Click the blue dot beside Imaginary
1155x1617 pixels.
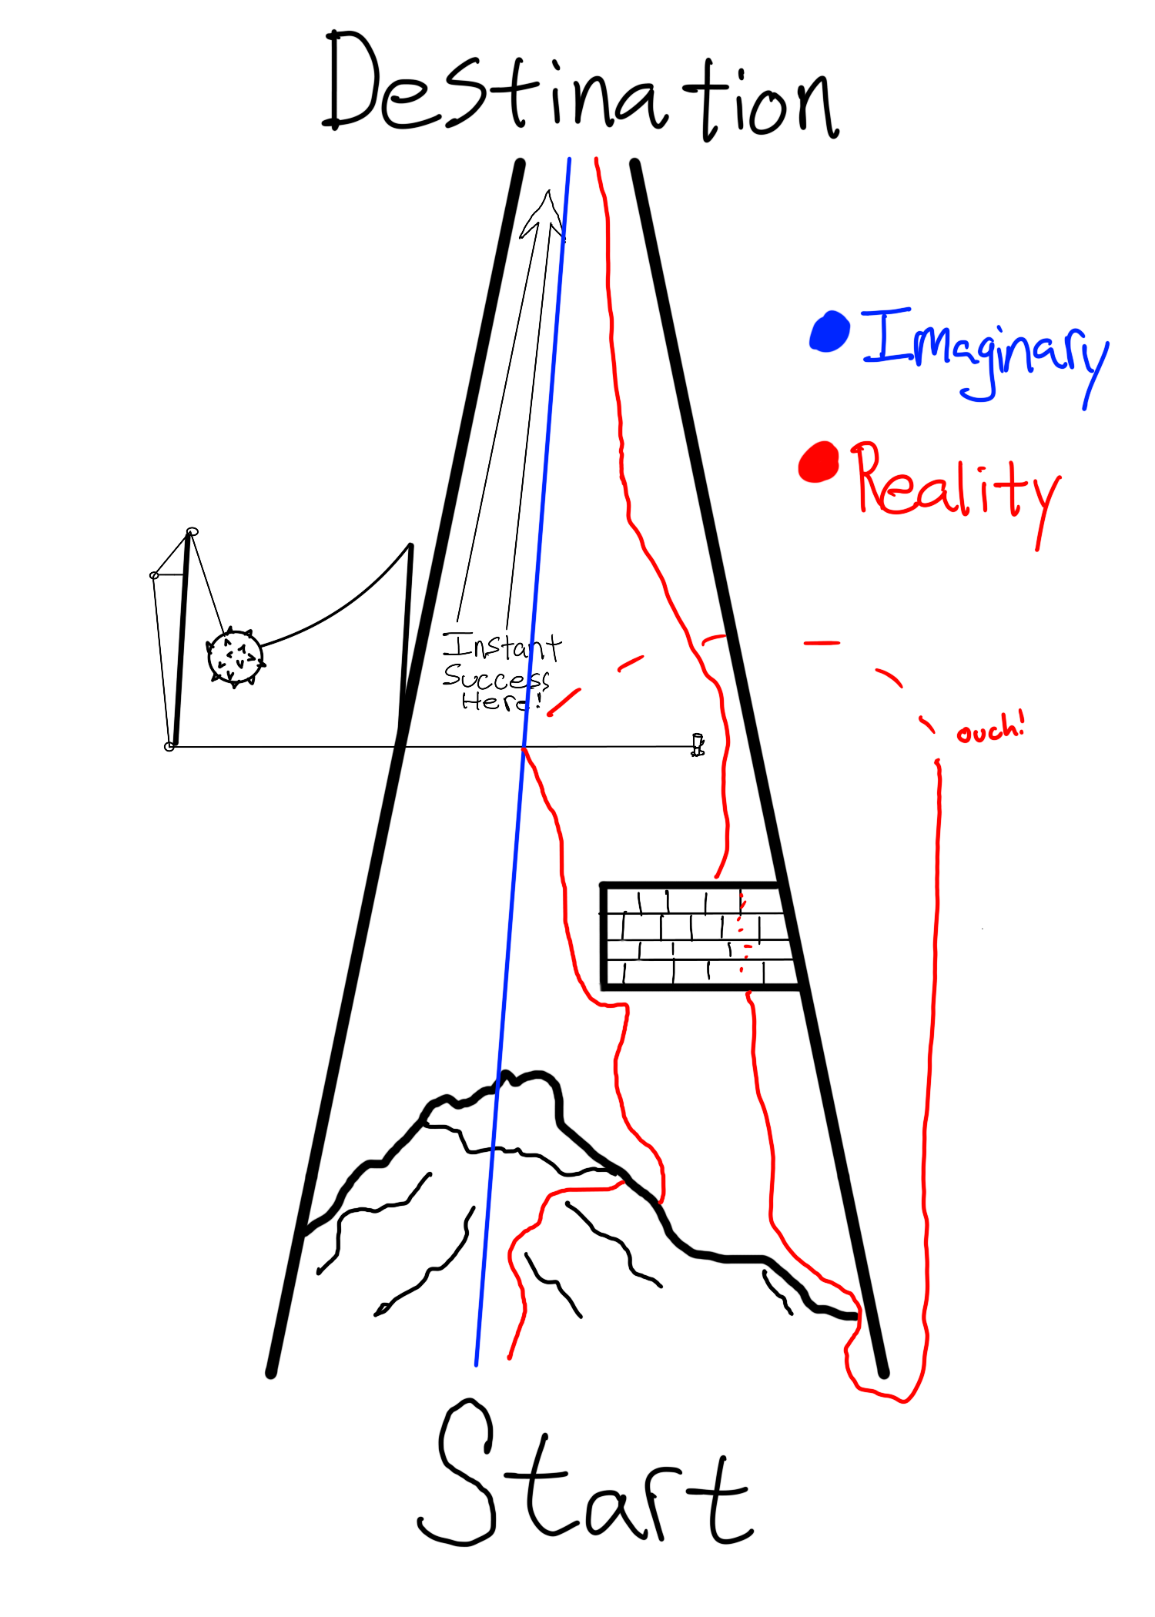pos(830,331)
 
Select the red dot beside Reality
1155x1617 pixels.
pos(819,462)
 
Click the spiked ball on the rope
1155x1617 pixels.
pos(235,657)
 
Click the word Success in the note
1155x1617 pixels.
pos(496,677)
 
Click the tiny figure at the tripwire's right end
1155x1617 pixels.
pos(698,745)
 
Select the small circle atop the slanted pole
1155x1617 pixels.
pos(192,531)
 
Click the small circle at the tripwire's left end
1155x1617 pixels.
pos(169,746)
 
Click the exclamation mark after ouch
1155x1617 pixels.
pos(1021,724)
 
